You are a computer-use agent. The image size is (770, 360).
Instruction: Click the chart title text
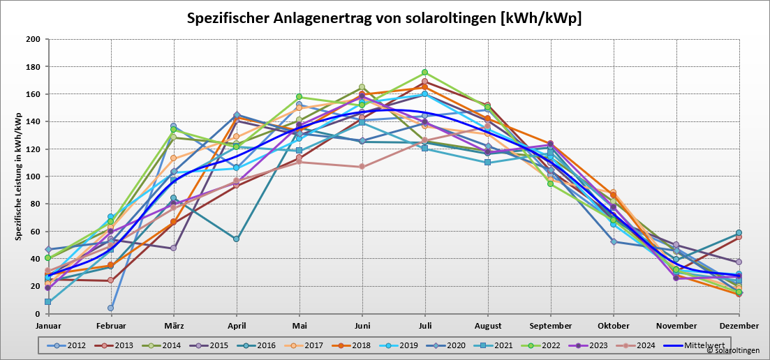tap(384, 18)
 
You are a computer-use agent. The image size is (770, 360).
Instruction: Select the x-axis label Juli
tap(424, 326)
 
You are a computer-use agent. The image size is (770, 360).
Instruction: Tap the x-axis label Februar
tap(110, 326)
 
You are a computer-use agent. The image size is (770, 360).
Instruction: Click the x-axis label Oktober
tap(613, 326)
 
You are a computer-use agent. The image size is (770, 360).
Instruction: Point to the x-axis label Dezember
tap(739, 326)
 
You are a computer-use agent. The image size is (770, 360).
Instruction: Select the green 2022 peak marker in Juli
tap(424, 73)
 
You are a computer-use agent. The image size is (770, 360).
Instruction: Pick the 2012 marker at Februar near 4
tap(110, 308)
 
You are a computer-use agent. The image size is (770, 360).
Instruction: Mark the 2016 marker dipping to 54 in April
tap(236, 239)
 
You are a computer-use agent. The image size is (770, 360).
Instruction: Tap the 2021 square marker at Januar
tap(47, 302)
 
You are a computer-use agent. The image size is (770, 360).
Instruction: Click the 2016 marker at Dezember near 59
tap(739, 233)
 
